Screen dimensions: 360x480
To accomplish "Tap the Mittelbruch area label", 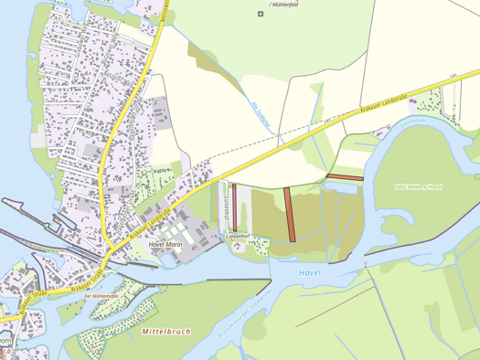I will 166,331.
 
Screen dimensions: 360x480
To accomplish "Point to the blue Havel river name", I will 312,273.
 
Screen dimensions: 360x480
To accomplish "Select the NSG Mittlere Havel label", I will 419,186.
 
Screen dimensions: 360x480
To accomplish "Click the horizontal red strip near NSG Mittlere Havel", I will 346,176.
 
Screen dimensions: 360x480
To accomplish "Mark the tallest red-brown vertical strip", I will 291,214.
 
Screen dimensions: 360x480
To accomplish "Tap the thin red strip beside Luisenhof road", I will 234,207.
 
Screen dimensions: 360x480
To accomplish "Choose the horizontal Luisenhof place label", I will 238,236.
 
